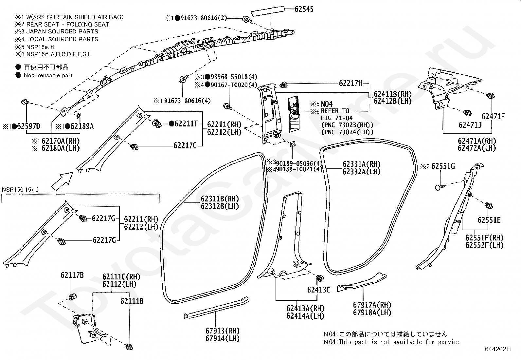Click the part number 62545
click(x=304, y=9)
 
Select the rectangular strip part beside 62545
click(x=268, y=11)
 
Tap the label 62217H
click(x=350, y=83)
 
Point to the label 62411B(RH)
click(x=393, y=94)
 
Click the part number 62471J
click(x=470, y=125)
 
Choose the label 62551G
click(x=443, y=166)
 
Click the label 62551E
click(x=489, y=220)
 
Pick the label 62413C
click(x=319, y=290)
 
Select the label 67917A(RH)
click(x=372, y=305)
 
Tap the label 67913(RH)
click(x=223, y=331)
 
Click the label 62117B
click(x=72, y=275)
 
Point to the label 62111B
click(x=132, y=301)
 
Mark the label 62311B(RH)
click(x=220, y=199)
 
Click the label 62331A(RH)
click(x=361, y=164)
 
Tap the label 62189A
click(x=82, y=126)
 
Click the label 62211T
click(x=186, y=123)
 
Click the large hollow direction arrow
click(x=62, y=181)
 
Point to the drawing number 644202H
click(x=498, y=349)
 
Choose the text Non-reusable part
click(x=48, y=75)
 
